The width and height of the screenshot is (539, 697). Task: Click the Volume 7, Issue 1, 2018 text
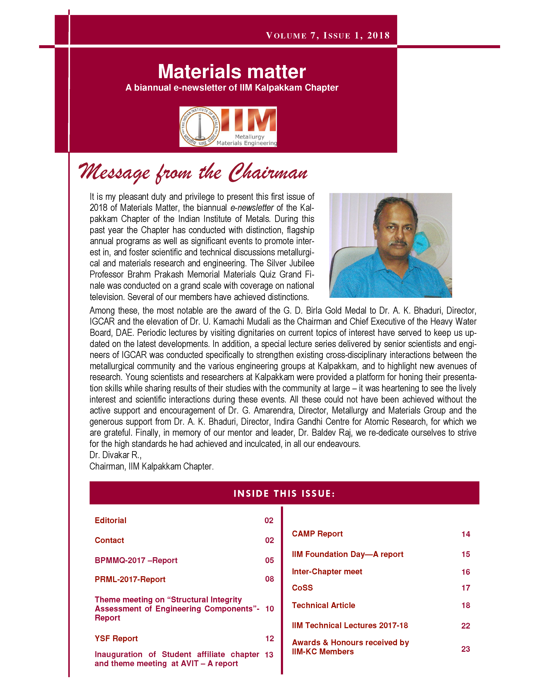[x=328, y=35]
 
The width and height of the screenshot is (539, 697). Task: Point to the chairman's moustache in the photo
[x=398, y=243]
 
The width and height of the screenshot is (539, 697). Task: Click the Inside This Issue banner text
[x=284, y=494]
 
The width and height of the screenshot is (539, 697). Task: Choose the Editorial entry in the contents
[x=111, y=520]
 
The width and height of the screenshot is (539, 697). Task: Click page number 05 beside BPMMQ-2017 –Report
[x=269, y=560]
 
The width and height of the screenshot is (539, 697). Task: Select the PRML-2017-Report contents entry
[x=130, y=579]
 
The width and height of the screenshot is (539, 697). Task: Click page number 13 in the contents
[x=269, y=655]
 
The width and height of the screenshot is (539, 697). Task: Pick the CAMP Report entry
[x=317, y=534]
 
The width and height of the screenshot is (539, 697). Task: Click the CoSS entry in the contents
[x=302, y=588]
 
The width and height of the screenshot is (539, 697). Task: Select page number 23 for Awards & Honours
[x=466, y=649]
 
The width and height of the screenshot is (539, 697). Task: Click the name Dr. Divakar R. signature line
[x=115, y=455]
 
